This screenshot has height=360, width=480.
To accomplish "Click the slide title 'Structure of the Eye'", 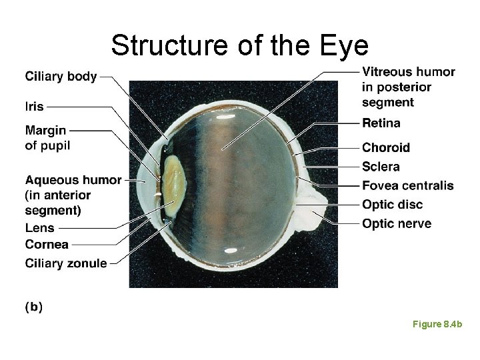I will [x=239, y=45].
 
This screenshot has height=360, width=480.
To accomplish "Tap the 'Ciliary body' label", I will [x=61, y=77].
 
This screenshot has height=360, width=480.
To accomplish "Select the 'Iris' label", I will [x=34, y=106].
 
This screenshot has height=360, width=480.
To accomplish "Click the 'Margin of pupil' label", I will [x=47, y=137].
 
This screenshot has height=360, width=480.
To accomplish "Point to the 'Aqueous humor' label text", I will [x=73, y=180].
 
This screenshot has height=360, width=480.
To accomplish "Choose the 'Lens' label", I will [x=39, y=228].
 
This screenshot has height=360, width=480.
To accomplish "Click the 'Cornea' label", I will [x=46, y=245].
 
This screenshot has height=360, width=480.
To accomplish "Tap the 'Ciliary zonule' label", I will [x=65, y=263].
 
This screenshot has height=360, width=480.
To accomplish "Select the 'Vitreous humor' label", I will [x=408, y=72].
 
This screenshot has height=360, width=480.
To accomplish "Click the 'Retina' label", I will [x=381, y=123].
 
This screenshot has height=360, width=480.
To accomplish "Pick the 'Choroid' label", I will [x=385, y=147].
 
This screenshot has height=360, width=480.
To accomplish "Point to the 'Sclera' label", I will [x=381, y=167].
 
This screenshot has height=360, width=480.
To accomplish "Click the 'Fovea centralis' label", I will [x=407, y=185].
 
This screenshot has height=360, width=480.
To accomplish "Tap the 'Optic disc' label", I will [x=392, y=205].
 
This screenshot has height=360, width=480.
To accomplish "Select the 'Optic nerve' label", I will [x=396, y=224].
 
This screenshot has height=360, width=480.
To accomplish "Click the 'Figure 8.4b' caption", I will [x=437, y=324].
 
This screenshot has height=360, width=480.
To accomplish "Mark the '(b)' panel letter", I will [x=33, y=307].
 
